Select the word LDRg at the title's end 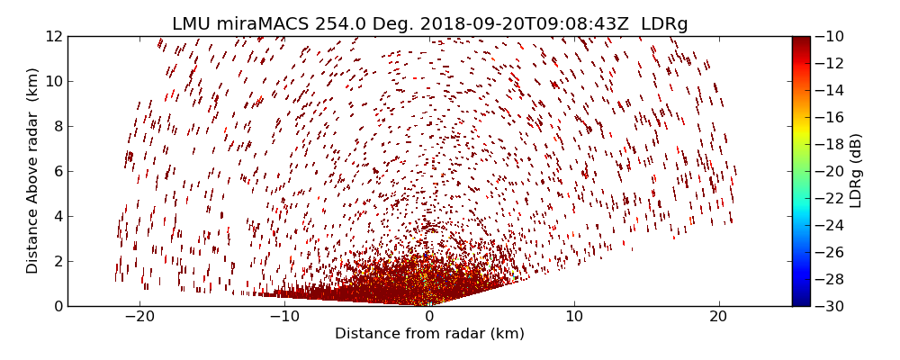coord(664,24)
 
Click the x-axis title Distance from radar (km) coord(429,334)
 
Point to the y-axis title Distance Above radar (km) coord(33,170)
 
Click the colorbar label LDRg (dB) coord(856,171)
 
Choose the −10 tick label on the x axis coord(283,317)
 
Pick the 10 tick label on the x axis coord(574,317)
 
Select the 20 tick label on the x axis coord(718,317)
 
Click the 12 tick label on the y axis coord(53,36)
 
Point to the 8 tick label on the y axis coord(57,126)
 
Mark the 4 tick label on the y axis coord(57,216)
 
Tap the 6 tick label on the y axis coord(57,171)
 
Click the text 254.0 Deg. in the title coord(355,24)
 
